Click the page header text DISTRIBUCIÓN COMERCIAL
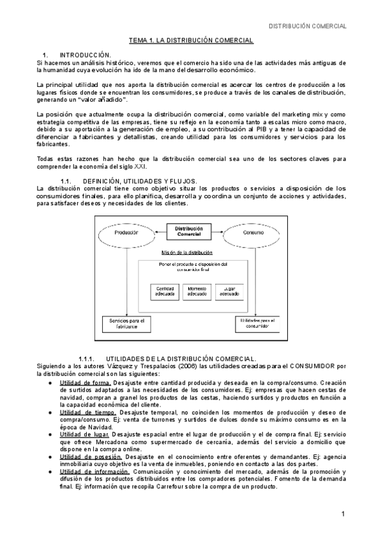coord(306,26)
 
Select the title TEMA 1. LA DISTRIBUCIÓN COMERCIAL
coord(191,40)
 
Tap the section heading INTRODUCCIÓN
coord(85,56)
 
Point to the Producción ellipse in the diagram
coord(126,233)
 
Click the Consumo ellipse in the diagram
coord(254,233)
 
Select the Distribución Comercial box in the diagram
coord(189,231)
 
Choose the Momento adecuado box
coord(197,291)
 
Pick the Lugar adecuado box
coord(228,291)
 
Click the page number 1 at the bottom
coord(343,514)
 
